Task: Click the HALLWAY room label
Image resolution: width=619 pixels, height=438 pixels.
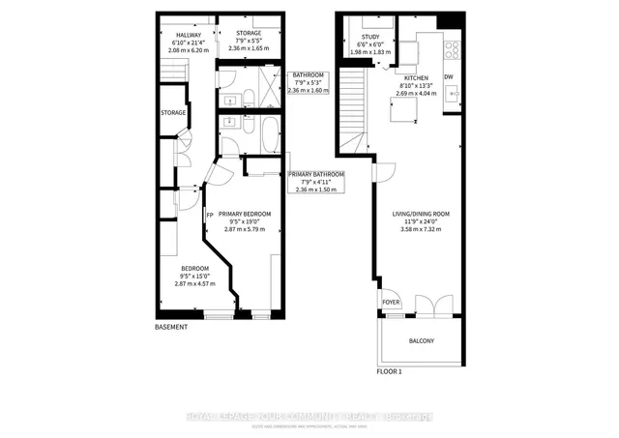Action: click(175, 35)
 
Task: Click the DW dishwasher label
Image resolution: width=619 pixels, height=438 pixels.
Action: click(448, 76)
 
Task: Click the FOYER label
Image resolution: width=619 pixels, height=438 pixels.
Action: click(390, 301)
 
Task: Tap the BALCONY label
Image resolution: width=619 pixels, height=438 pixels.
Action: click(420, 340)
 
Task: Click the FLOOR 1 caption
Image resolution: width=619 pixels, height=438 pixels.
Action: click(389, 370)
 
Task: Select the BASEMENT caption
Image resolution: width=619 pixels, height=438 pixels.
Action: click(171, 328)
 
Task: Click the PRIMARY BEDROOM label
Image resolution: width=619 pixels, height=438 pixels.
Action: click(244, 214)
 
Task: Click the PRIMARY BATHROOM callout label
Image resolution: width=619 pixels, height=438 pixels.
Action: click(316, 174)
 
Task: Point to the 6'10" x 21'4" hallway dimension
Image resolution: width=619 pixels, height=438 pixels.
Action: click(175, 43)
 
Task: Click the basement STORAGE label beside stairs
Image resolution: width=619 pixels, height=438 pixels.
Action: click(173, 113)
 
